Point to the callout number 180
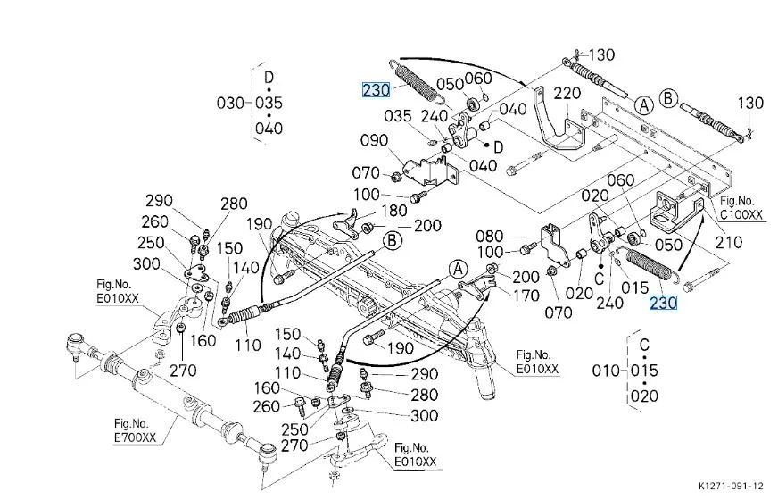click(395, 211)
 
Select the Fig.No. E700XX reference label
click(133, 430)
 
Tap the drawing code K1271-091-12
click(730, 486)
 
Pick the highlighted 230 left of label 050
click(376, 89)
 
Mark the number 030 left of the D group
click(230, 103)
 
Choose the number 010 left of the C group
click(607, 370)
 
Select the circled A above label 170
click(458, 268)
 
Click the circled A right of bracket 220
click(642, 104)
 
